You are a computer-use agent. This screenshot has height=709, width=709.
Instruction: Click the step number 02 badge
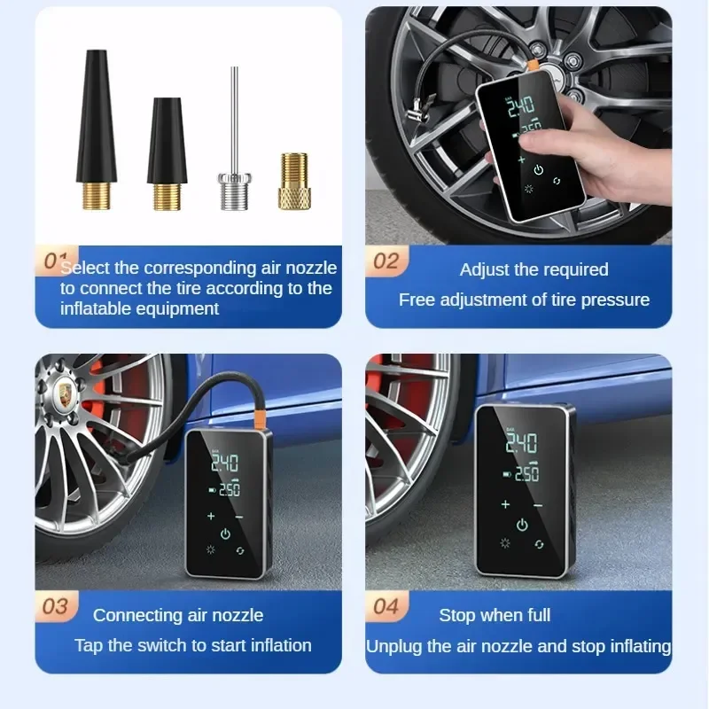[x=386, y=261]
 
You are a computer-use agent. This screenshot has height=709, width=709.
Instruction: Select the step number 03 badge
[x=56, y=606]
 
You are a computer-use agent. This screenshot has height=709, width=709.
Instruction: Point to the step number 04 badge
[x=386, y=606]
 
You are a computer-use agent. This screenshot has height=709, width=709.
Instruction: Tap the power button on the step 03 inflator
[x=225, y=534]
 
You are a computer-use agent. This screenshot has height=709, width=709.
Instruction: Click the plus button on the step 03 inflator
[x=210, y=514]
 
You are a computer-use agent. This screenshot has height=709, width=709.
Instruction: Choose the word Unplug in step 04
[x=393, y=646]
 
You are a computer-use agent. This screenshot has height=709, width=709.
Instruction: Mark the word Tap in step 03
[x=89, y=645]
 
